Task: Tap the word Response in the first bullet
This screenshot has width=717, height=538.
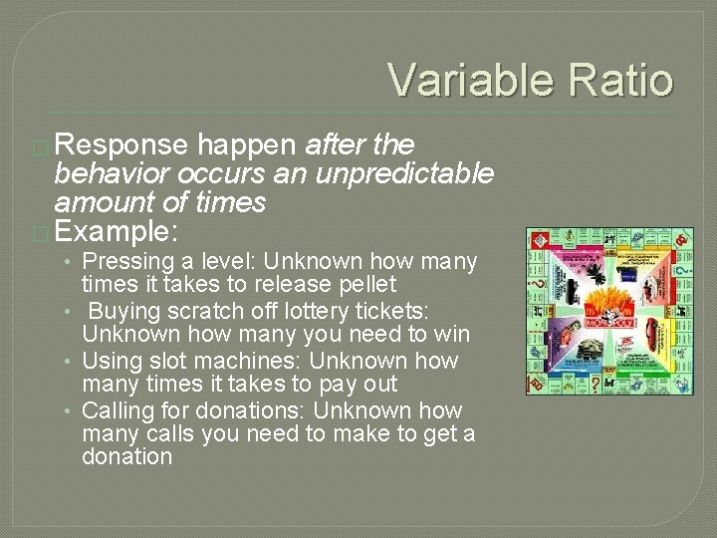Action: [121, 145]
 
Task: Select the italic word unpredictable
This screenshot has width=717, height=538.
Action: [403, 174]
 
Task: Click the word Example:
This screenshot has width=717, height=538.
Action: [117, 232]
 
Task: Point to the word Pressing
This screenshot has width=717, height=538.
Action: [124, 262]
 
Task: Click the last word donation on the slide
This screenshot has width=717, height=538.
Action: [127, 457]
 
